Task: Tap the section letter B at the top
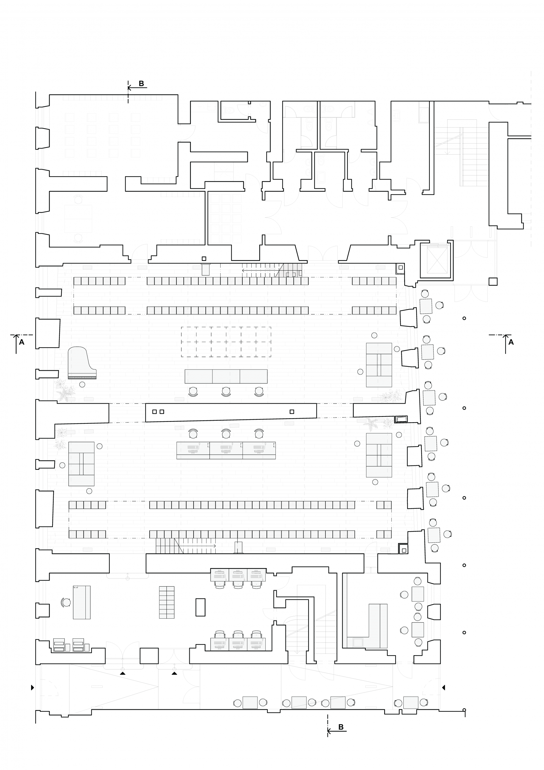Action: click(x=141, y=83)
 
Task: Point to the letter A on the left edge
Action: click(x=22, y=342)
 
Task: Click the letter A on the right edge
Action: click(x=511, y=342)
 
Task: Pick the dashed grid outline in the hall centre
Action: click(x=226, y=342)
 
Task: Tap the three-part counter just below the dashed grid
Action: click(x=226, y=376)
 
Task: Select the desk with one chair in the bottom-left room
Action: click(x=81, y=603)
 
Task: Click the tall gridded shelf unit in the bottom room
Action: click(x=167, y=603)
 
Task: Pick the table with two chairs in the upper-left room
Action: click(x=78, y=219)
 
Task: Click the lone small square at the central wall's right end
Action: click(x=292, y=411)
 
